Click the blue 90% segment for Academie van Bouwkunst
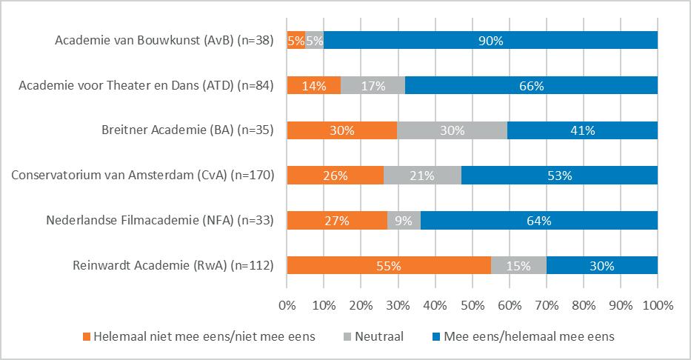(x=490, y=41)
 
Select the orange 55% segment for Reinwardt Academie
(x=389, y=265)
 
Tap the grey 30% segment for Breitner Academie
(x=452, y=130)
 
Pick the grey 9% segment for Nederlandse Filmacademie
(x=404, y=220)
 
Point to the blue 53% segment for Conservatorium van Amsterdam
(x=559, y=176)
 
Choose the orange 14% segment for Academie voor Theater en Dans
(x=314, y=86)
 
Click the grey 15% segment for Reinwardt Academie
(x=518, y=265)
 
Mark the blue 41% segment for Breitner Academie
(x=582, y=130)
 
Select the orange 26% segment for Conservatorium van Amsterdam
(x=336, y=176)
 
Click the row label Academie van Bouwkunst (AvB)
(x=164, y=41)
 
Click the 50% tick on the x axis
(x=473, y=304)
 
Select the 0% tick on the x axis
(x=287, y=304)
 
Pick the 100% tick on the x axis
(x=658, y=304)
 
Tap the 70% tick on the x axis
(x=547, y=304)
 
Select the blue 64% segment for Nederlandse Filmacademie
(x=538, y=220)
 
